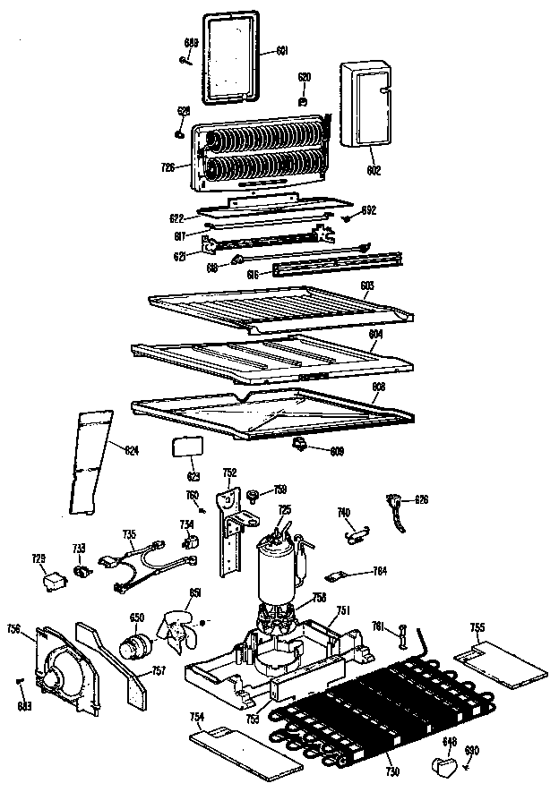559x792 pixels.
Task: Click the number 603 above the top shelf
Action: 366,285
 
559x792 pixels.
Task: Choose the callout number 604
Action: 375,332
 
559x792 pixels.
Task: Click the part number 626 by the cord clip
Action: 421,499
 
